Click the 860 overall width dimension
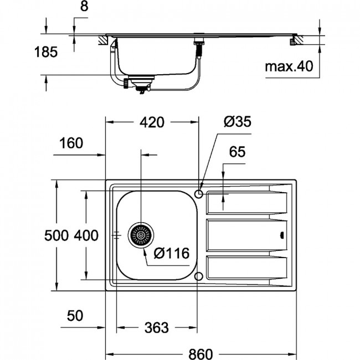pyautogui.click(x=200, y=354)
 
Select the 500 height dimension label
pyautogui.click(x=56, y=235)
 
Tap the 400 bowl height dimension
pyautogui.click(x=86, y=235)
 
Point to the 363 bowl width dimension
pyautogui.click(x=157, y=328)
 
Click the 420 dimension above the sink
pyautogui.click(x=152, y=122)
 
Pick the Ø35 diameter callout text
pyautogui.click(x=238, y=121)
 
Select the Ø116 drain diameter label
pyautogui.click(x=172, y=253)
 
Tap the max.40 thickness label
pyautogui.click(x=289, y=66)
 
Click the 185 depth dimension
pyautogui.click(x=45, y=52)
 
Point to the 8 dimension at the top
pyautogui.click(x=84, y=6)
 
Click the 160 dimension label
pyautogui.click(x=71, y=143)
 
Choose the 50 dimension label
pyautogui.click(x=75, y=316)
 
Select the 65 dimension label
pyautogui.click(x=237, y=152)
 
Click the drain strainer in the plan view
pyautogui.click(x=141, y=235)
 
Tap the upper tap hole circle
pyautogui.click(x=199, y=194)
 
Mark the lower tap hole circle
pyautogui.click(x=199, y=276)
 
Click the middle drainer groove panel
pyautogui.click(x=247, y=235)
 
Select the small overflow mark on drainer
pyautogui.click(x=282, y=235)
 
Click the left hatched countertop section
pyautogui.click(x=104, y=40)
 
